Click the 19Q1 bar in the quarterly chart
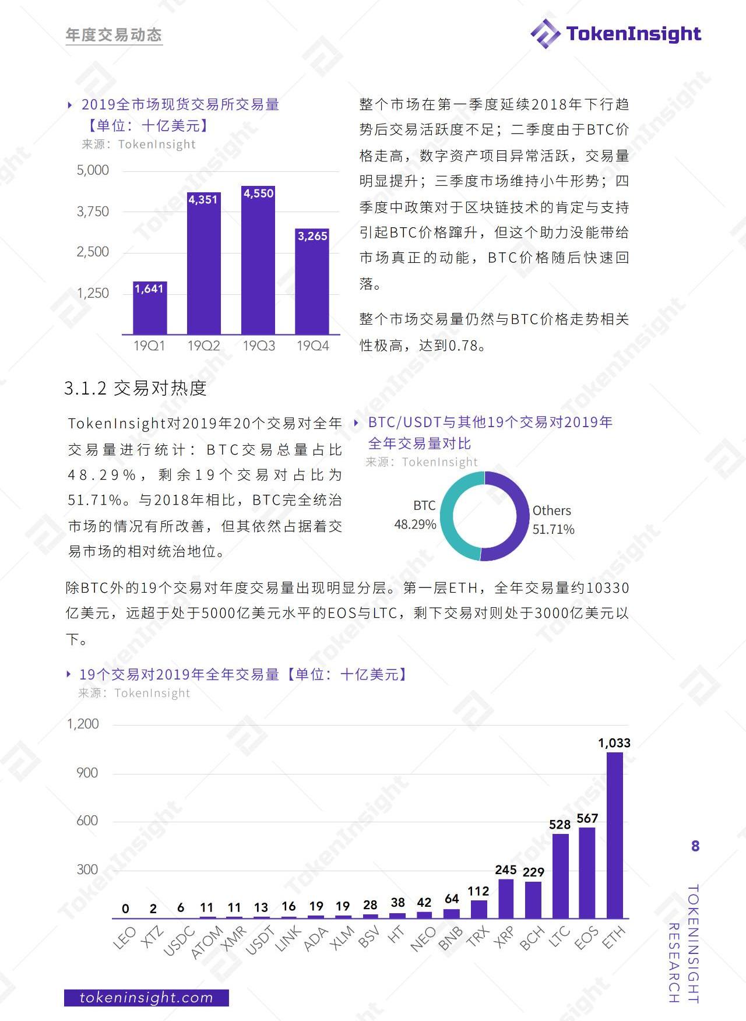coord(150,308)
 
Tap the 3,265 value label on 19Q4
coord(312,236)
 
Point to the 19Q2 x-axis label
coord(203,346)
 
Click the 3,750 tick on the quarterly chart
coord(93,212)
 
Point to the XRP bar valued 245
coord(506,898)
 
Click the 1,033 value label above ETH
coord(614,743)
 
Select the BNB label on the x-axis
coord(450,938)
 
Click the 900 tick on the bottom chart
coord(87,773)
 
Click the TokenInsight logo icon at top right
coord(546,33)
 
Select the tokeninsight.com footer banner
coord(146,998)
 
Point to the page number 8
coord(695,846)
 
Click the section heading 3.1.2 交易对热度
coord(135,388)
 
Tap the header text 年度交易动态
coord(114,35)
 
